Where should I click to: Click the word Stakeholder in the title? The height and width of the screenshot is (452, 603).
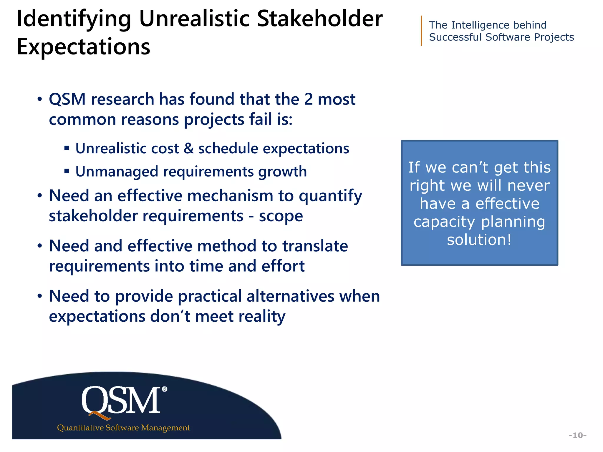(x=320, y=19)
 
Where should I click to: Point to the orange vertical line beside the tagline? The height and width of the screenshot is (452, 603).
(x=421, y=31)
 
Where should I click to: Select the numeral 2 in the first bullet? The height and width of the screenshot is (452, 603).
(x=308, y=99)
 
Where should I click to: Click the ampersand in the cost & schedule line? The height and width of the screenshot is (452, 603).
(x=188, y=148)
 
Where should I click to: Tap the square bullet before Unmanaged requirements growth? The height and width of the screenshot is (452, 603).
(x=67, y=171)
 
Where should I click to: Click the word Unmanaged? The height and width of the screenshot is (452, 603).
(x=117, y=172)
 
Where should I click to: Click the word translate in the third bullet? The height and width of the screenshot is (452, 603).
(x=315, y=246)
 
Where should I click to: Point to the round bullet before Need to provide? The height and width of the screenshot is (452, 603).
(x=40, y=296)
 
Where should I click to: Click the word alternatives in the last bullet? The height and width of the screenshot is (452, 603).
(x=290, y=296)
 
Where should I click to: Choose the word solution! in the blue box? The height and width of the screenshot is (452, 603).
(x=479, y=240)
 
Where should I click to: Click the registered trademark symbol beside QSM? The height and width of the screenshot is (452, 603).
(x=165, y=389)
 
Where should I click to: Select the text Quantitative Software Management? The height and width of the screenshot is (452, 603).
(x=123, y=428)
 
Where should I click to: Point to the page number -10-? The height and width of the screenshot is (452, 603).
(x=577, y=435)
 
